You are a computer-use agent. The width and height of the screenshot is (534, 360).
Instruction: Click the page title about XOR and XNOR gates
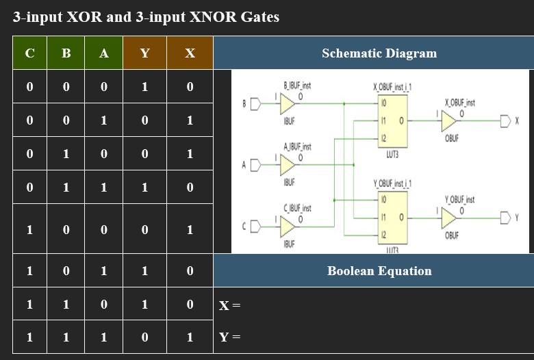[x=146, y=17]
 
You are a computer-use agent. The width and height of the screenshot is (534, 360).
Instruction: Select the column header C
[x=29, y=53]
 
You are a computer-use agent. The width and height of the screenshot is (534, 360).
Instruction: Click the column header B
[x=66, y=53]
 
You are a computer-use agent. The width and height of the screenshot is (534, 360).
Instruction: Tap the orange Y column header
[x=144, y=53]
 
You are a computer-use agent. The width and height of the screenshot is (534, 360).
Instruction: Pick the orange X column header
[x=190, y=53]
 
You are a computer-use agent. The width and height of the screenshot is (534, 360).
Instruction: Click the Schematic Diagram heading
[x=379, y=53]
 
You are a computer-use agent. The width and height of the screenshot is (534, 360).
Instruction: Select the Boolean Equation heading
[x=379, y=271]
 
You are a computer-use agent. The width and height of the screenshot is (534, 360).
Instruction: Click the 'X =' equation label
[x=229, y=305]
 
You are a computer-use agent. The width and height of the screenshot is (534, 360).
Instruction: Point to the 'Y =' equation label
[x=229, y=337]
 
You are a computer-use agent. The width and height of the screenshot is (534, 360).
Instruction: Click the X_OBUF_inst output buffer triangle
[x=449, y=122]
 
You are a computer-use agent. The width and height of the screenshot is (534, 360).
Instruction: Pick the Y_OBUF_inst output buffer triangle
[x=449, y=218]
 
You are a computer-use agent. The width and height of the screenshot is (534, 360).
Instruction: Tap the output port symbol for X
[x=506, y=122]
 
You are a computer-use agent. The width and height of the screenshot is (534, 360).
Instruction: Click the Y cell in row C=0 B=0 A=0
[x=144, y=87]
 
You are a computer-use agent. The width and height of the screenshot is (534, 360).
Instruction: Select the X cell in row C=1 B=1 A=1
[x=190, y=337]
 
